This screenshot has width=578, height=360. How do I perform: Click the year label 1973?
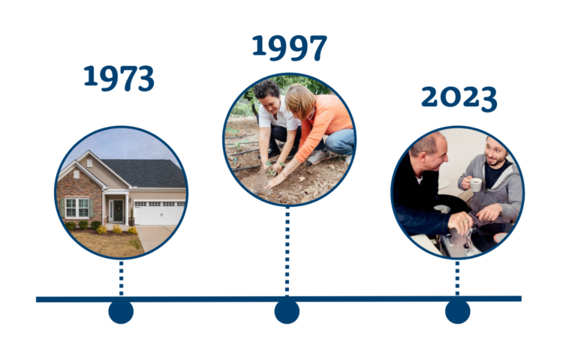[x=119, y=78]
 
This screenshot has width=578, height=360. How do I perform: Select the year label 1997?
[x=289, y=48]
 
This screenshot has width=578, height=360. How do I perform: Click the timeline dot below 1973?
[x=121, y=310]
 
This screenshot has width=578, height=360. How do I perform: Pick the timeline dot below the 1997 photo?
[x=287, y=310]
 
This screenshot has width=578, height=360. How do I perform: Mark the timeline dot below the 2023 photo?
[x=457, y=310]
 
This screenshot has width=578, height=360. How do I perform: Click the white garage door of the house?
[x=158, y=212]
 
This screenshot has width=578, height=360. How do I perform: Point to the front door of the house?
[x=117, y=211]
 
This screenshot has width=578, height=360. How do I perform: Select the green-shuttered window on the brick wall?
[x=77, y=207]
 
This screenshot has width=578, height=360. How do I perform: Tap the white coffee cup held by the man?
[x=475, y=184]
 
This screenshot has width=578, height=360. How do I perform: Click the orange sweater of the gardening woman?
[x=323, y=123]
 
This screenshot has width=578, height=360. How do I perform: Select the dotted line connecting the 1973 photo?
[x=121, y=278]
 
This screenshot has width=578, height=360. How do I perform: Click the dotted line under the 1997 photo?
[x=287, y=251]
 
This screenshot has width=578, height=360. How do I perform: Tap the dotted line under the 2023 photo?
[x=457, y=278]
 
